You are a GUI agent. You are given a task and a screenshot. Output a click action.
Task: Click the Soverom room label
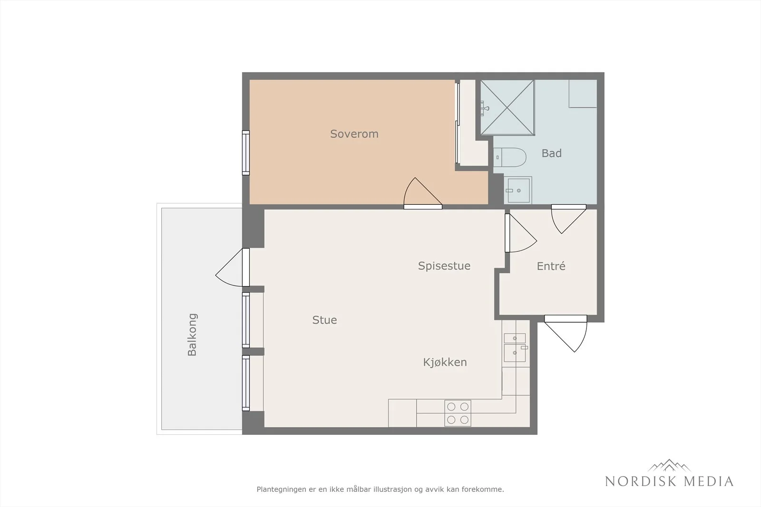[x=354, y=134]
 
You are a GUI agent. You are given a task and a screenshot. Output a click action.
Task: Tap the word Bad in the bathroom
[x=551, y=153]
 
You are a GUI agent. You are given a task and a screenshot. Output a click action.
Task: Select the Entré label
[x=551, y=266]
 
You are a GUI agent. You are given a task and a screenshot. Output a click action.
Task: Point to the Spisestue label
[x=444, y=266]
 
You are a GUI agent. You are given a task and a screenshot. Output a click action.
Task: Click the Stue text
[x=324, y=320]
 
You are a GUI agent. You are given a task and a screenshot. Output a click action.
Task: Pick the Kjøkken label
[x=445, y=363]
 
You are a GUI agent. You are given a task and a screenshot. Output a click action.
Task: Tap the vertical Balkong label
[x=192, y=335]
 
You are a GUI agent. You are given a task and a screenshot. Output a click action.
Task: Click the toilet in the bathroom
[x=509, y=157]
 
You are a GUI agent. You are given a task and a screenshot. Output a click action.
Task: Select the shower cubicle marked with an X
[x=507, y=107]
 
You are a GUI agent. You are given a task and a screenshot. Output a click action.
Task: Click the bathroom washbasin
[x=517, y=190]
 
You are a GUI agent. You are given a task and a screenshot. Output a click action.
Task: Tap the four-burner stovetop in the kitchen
[x=458, y=413]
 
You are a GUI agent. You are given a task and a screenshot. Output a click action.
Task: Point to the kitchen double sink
[x=515, y=347]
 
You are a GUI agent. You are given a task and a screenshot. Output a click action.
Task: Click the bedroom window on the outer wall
[x=245, y=153]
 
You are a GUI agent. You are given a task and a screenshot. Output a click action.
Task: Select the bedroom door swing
[x=423, y=193]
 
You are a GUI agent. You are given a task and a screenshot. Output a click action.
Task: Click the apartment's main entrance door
[x=566, y=333]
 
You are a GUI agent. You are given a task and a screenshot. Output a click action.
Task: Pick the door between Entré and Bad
[x=568, y=219]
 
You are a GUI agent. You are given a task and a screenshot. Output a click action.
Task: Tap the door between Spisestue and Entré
[x=520, y=233]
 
